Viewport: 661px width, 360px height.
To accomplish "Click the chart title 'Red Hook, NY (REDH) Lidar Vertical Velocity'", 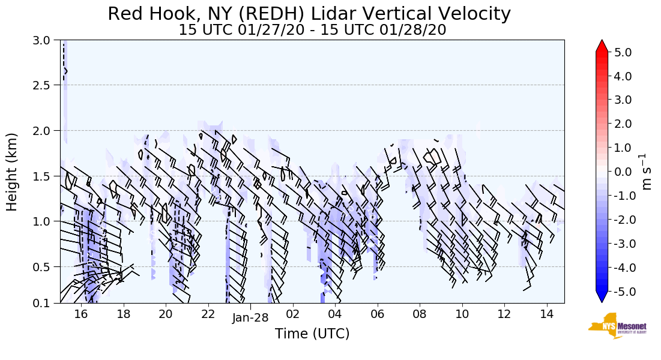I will (x=309, y=14).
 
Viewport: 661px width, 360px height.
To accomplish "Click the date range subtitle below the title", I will (x=312, y=30).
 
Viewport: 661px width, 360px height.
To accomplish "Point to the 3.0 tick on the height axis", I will (x=45, y=41).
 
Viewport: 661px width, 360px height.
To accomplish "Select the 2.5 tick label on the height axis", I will (x=45, y=85).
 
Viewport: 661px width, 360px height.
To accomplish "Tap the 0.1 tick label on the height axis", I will (x=45, y=304).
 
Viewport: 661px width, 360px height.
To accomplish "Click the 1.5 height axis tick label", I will (x=45, y=176).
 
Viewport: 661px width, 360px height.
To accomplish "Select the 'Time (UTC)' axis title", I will (x=312, y=334).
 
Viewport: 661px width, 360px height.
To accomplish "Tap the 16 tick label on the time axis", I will (x=81, y=314).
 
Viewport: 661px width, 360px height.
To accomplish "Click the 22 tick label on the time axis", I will (x=208, y=314).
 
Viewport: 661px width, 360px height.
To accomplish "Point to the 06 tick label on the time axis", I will (x=378, y=314).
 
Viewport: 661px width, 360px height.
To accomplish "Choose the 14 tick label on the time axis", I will (x=546, y=314).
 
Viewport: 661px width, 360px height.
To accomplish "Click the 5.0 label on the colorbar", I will (x=623, y=53).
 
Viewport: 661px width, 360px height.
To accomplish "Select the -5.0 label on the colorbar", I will (x=621, y=292).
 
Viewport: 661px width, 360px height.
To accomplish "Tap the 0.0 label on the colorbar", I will (x=623, y=172).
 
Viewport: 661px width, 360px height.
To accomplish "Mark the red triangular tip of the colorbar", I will (x=602, y=46).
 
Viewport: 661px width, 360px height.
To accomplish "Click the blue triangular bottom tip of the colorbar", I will (x=602, y=297).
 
